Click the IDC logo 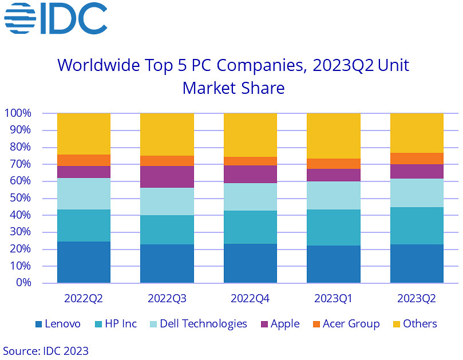click(x=56, y=19)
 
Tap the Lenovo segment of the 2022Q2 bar click(x=84, y=262)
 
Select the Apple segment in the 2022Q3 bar click(x=167, y=177)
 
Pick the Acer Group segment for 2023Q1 click(x=333, y=164)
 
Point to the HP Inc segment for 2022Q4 click(x=250, y=227)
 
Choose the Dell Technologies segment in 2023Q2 click(x=417, y=193)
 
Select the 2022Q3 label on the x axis click(x=167, y=299)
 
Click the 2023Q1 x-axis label click(x=333, y=299)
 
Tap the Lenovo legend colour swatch click(x=39, y=325)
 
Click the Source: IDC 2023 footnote click(x=46, y=350)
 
